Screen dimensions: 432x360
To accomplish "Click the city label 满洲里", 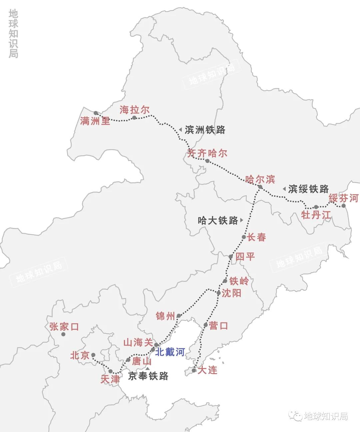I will (95, 121).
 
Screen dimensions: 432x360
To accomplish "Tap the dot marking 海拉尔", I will (134, 118).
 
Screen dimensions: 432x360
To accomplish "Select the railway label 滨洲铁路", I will (205, 130).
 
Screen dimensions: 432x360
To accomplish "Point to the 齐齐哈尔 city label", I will (207, 153).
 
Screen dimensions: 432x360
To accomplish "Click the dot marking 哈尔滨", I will (260, 187).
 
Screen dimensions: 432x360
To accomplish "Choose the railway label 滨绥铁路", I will (308, 189).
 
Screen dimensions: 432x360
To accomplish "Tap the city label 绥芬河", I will (343, 198).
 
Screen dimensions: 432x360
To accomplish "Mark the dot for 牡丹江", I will (316, 207).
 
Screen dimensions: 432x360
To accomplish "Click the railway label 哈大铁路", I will (218, 220).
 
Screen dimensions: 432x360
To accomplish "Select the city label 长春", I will (256, 237).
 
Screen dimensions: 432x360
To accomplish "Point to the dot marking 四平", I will (231, 257).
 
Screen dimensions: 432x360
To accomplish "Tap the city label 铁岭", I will (239, 281).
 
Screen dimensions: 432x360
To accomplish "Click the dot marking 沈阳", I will (219, 293).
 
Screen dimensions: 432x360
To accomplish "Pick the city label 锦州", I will (165, 316).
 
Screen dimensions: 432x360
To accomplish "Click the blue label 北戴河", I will (170, 352).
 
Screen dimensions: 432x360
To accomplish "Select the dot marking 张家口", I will (63, 334).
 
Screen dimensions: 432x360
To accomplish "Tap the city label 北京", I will (80, 355).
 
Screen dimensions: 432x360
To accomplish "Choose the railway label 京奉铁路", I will (148, 376).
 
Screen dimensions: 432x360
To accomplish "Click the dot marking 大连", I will (194, 370).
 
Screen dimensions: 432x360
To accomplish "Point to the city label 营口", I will (219, 325).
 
